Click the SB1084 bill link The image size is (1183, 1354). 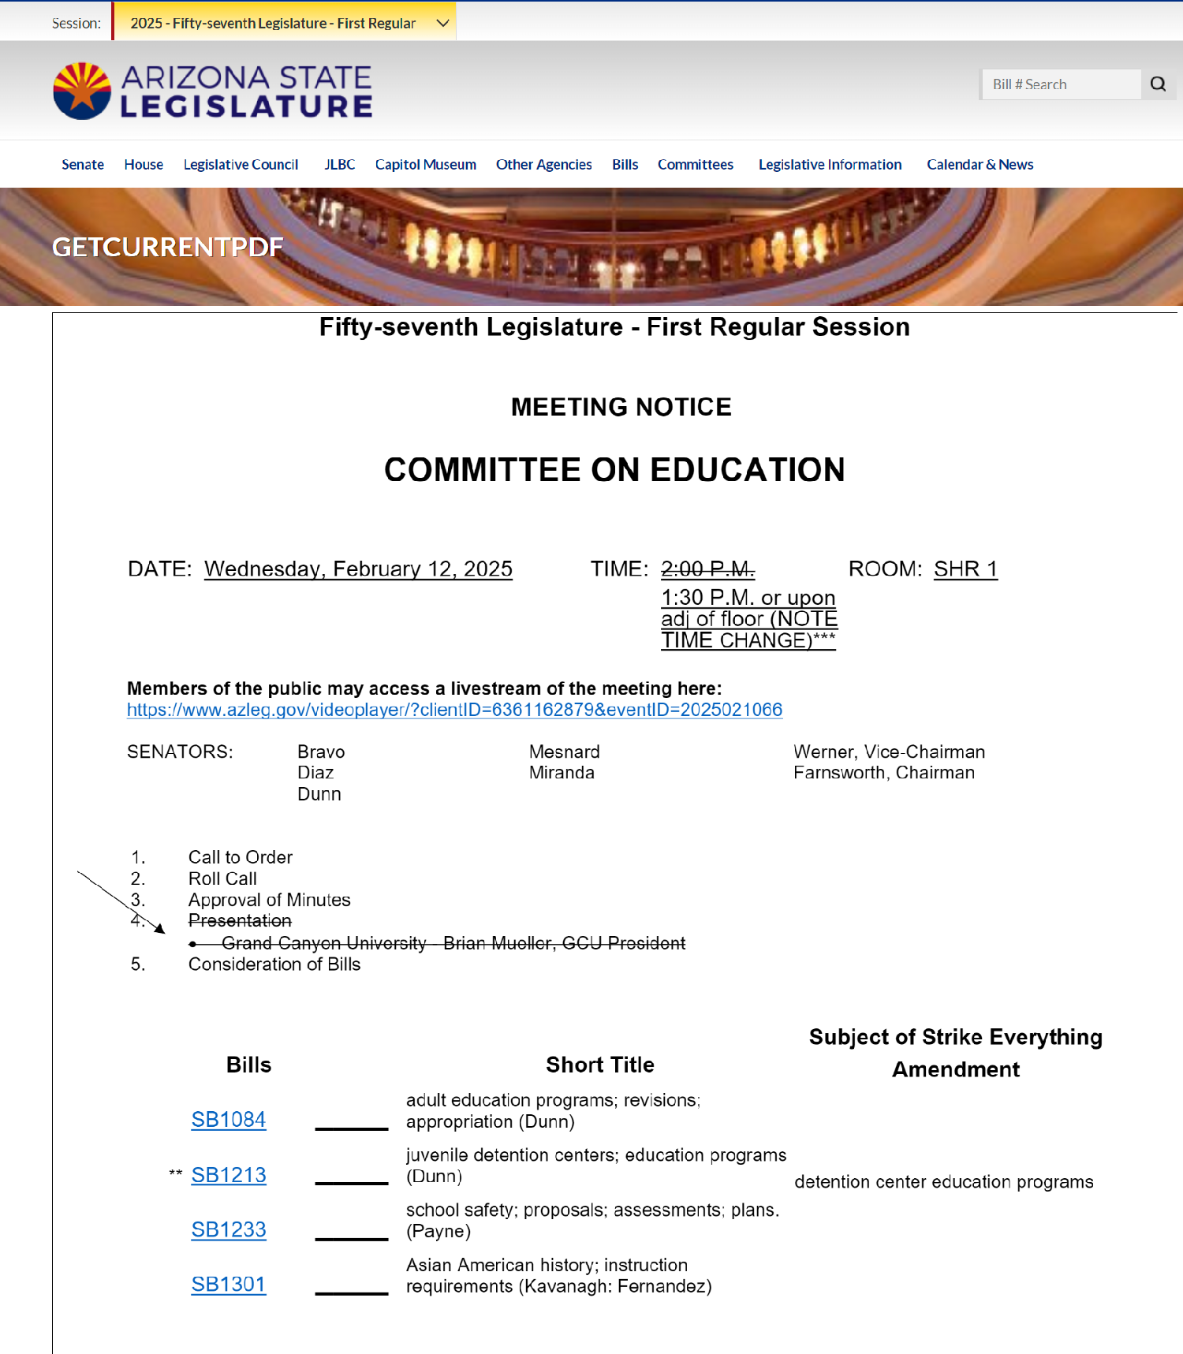pos(229,1119)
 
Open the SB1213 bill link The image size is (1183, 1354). pos(229,1174)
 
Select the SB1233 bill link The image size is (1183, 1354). pos(229,1229)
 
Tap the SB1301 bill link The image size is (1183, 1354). pos(229,1284)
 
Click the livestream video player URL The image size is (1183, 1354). pos(454,710)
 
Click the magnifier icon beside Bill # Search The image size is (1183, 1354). pos(1158,84)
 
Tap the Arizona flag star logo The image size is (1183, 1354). pos(82,91)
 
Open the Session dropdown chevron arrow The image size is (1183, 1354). pos(443,23)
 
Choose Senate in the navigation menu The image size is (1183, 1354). pos(83,165)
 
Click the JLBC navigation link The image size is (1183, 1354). pos(339,165)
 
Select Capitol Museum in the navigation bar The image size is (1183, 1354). pos(425,165)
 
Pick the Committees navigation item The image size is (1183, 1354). pos(695,165)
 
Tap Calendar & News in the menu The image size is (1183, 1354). pos(980,165)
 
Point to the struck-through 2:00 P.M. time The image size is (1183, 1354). pos(707,569)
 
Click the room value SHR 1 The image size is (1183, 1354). pos(965,569)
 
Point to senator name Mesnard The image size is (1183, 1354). pos(564,752)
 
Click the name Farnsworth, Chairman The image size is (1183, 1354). pos(883,773)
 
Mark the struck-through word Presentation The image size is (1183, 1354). pos(240,920)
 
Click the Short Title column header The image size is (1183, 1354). pos(599,1065)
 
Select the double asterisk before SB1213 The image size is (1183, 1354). pos(176,1174)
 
